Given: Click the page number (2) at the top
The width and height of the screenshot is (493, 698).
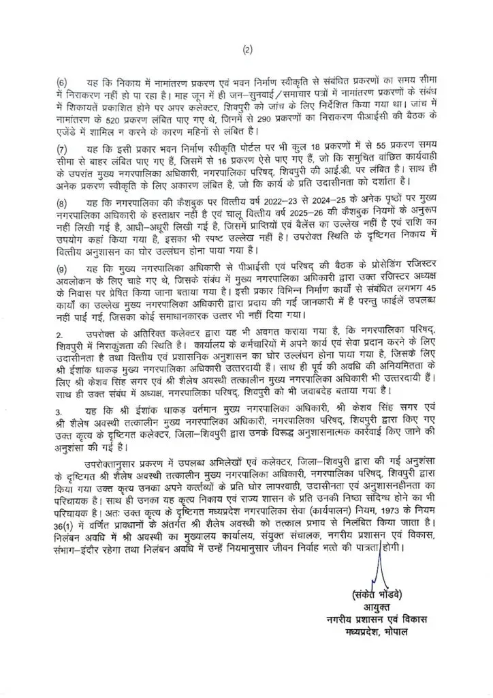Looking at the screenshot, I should (246, 49).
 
